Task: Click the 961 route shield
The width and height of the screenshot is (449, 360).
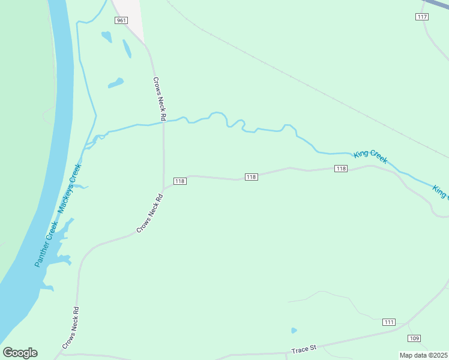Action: coord(122,20)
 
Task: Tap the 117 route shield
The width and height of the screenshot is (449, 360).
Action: coord(422,17)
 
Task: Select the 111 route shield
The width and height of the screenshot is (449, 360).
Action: coord(390,322)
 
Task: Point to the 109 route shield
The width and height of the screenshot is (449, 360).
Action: coord(414,338)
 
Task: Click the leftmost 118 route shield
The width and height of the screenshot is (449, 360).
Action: coord(179,181)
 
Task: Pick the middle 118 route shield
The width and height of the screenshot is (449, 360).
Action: coord(252,177)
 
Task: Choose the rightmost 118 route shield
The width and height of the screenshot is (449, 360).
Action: coord(341,169)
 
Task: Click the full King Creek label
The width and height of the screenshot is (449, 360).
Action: coord(370,157)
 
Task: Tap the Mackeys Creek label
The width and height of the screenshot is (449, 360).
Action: coord(69,188)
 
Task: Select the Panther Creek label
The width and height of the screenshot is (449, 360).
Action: coord(44,244)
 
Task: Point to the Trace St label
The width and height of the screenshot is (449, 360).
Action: coord(303,349)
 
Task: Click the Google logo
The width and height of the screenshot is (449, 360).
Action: coord(20,353)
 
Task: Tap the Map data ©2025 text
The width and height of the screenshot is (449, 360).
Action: coord(424,355)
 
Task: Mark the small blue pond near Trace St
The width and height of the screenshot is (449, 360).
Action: coord(294,330)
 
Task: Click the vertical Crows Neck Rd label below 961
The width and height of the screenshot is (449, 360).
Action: coord(158,98)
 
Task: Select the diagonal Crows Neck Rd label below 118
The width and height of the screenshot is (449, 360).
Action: coord(150,213)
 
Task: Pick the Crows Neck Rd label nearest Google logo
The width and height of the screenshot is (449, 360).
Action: coord(71,328)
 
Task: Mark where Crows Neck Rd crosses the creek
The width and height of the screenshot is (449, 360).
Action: coord(163,122)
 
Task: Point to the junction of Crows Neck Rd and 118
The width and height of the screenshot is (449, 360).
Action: coord(164,188)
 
